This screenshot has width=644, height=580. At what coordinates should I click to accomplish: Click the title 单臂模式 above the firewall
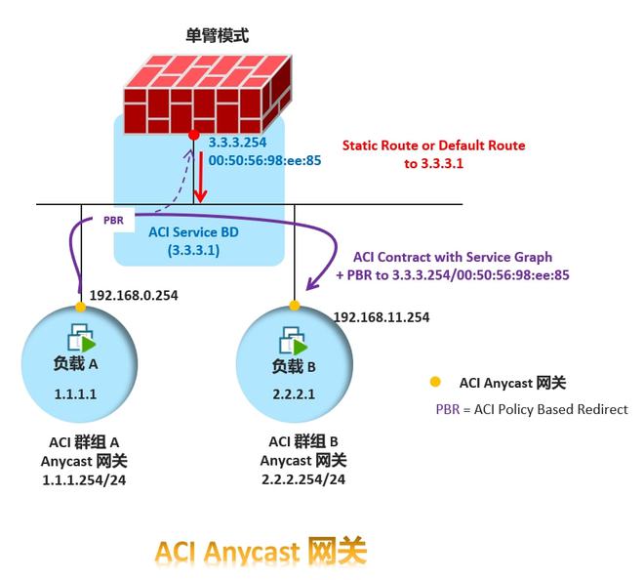[217, 36]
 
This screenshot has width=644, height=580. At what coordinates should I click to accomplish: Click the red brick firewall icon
[208, 93]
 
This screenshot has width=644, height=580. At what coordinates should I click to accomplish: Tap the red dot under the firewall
[195, 134]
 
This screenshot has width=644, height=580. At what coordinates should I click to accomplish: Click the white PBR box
[113, 221]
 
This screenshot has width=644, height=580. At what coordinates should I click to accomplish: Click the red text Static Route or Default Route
[433, 145]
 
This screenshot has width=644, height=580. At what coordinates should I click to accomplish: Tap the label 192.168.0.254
[133, 295]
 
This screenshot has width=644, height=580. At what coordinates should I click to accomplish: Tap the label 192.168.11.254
[382, 317]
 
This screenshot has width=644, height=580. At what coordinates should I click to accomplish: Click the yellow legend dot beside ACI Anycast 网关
[435, 382]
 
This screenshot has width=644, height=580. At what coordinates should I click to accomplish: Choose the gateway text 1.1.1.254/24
[84, 479]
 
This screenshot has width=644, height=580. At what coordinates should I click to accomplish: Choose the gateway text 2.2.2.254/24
[302, 479]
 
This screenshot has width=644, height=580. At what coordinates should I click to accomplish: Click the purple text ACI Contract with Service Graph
[452, 258]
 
